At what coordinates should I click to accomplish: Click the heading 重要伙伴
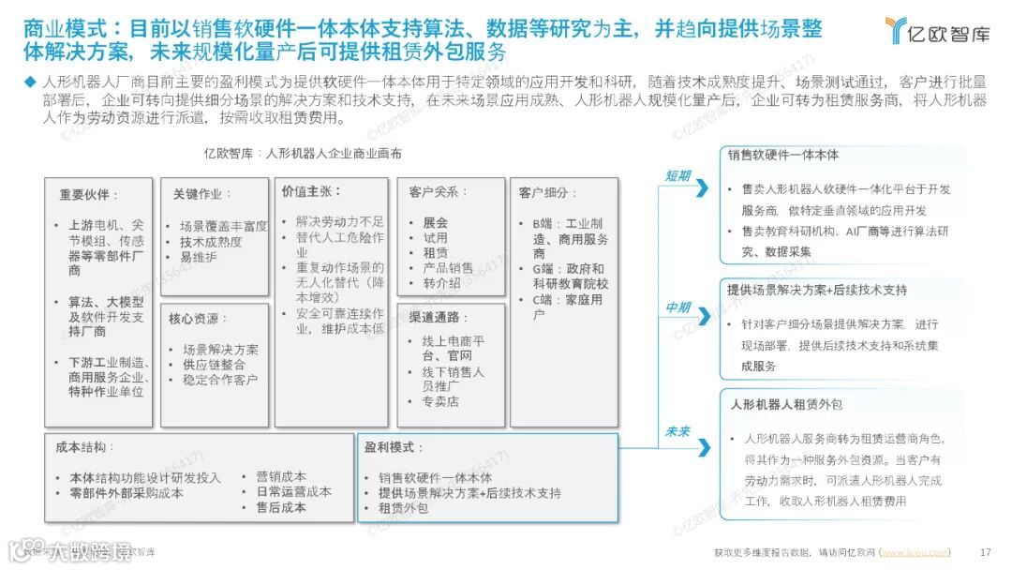(x=89, y=195)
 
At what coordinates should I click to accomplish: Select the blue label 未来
(x=677, y=431)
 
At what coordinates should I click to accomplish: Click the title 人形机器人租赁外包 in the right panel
(x=786, y=404)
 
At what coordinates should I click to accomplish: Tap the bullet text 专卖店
(x=439, y=401)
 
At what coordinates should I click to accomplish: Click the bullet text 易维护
(x=198, y=257)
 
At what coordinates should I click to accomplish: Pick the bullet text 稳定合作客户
(x=213, y=380)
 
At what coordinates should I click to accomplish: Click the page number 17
(x=985, y=551)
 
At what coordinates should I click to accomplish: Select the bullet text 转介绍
(x=440, y=282)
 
